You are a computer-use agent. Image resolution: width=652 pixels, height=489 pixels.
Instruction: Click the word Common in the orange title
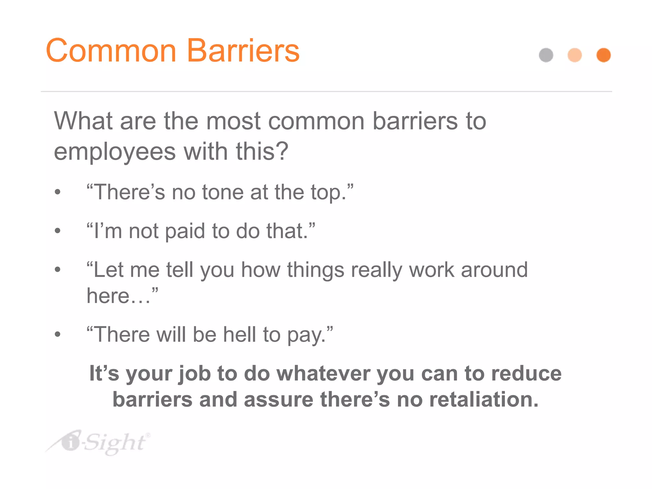click(111, 51)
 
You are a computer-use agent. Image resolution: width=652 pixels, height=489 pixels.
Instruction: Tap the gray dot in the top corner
click(546, 55)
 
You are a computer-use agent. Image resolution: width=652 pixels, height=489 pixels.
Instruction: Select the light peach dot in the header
click(575, 55)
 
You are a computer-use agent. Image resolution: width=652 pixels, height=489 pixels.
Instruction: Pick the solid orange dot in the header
click(603, 55)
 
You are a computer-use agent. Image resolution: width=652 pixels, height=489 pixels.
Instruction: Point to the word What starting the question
click(83, 121)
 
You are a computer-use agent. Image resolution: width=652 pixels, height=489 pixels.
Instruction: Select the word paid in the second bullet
click(185, 231)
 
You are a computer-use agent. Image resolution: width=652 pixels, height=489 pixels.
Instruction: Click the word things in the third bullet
click(315, 270)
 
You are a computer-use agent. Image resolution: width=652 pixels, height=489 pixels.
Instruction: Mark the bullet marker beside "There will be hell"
click(57, 335)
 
